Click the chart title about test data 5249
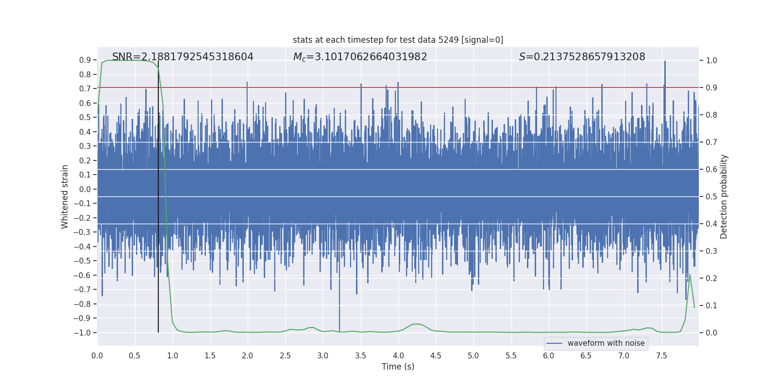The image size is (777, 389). (398, 40)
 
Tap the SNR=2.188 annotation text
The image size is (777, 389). (183, 57)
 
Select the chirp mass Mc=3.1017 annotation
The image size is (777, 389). (360, 57)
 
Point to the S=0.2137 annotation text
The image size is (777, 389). (582, 57)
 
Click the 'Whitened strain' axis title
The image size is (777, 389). (65, 196)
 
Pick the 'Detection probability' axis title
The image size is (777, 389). (724, 196)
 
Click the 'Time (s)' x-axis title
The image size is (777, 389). (398, 367)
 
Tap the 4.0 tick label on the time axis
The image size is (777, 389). (398, 356)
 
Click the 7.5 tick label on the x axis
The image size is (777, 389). (661, 356)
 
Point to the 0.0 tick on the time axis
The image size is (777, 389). (97, 356)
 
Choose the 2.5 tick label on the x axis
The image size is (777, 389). (285, 356)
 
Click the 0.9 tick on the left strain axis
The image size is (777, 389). (85, 60)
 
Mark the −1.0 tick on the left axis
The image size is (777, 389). (82, 333)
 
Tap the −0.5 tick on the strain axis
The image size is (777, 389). (82, 261)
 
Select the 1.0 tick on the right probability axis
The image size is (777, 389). (711, 61)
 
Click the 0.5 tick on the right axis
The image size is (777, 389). (711, 197)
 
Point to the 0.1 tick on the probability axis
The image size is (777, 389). (711, 306)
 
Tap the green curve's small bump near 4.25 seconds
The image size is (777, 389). (417, 324)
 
